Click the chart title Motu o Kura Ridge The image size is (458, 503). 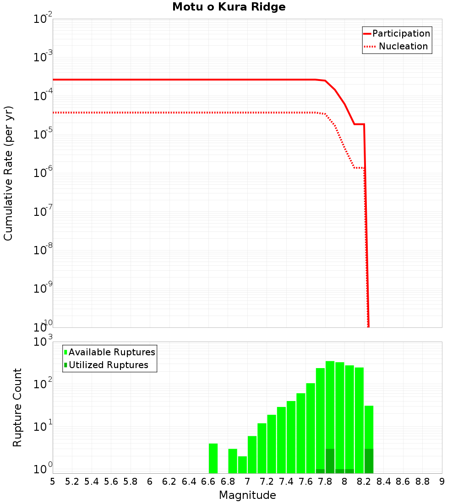(229, 7)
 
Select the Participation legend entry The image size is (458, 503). (401, 34)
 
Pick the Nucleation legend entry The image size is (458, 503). (403, 47)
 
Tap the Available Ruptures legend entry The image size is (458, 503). (111, 353)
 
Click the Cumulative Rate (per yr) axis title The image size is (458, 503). (8, 173)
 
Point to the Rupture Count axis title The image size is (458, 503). (17, 407)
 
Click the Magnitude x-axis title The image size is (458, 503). (247, 495)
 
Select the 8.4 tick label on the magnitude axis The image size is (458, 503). (383, 482)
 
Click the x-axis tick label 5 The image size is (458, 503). (53, 482)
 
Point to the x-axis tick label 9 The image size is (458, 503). (442, 482)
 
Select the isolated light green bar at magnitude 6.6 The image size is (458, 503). (213, 458)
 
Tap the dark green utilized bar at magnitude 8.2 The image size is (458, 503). (369, 461)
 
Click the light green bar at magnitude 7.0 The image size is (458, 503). (252, 455)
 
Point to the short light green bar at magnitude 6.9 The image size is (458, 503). (242, 465)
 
